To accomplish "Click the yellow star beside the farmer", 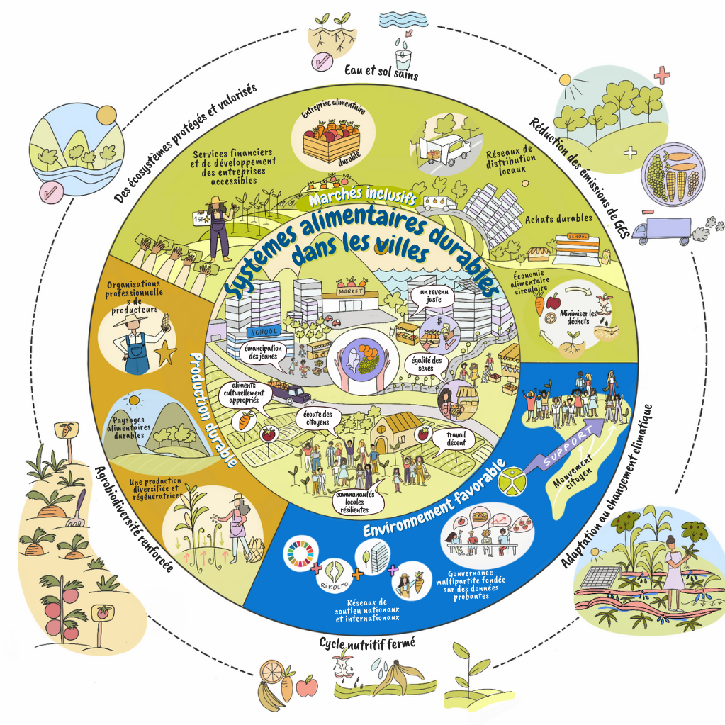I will click(x=165, y=352).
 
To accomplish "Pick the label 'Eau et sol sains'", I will click(x=371, y=71).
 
